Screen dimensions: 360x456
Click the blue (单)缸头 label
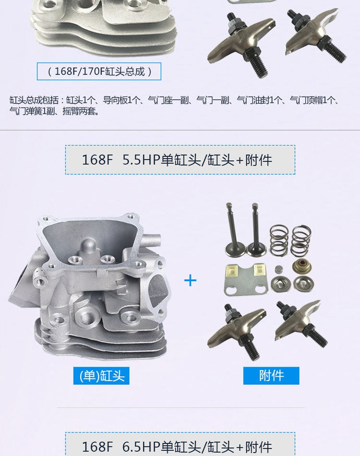101,376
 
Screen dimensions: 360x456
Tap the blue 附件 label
271,376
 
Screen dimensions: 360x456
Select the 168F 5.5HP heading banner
180,160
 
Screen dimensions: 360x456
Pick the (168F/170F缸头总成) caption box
99,71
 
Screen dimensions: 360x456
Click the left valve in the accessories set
233,230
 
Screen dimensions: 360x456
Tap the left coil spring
279,240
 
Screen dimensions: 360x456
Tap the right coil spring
301,240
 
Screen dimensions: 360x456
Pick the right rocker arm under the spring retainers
301,323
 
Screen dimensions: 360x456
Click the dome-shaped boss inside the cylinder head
88,247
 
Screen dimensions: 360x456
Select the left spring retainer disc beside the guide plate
281,284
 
